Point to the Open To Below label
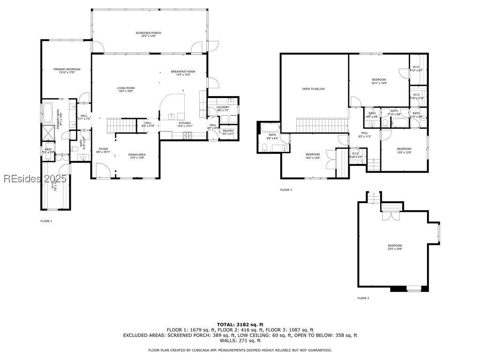pos(313,89)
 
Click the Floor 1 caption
pos(46,221)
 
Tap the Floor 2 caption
pos(363,298)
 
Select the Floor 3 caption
pos(286,190)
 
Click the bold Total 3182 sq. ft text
pos(240,324)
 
